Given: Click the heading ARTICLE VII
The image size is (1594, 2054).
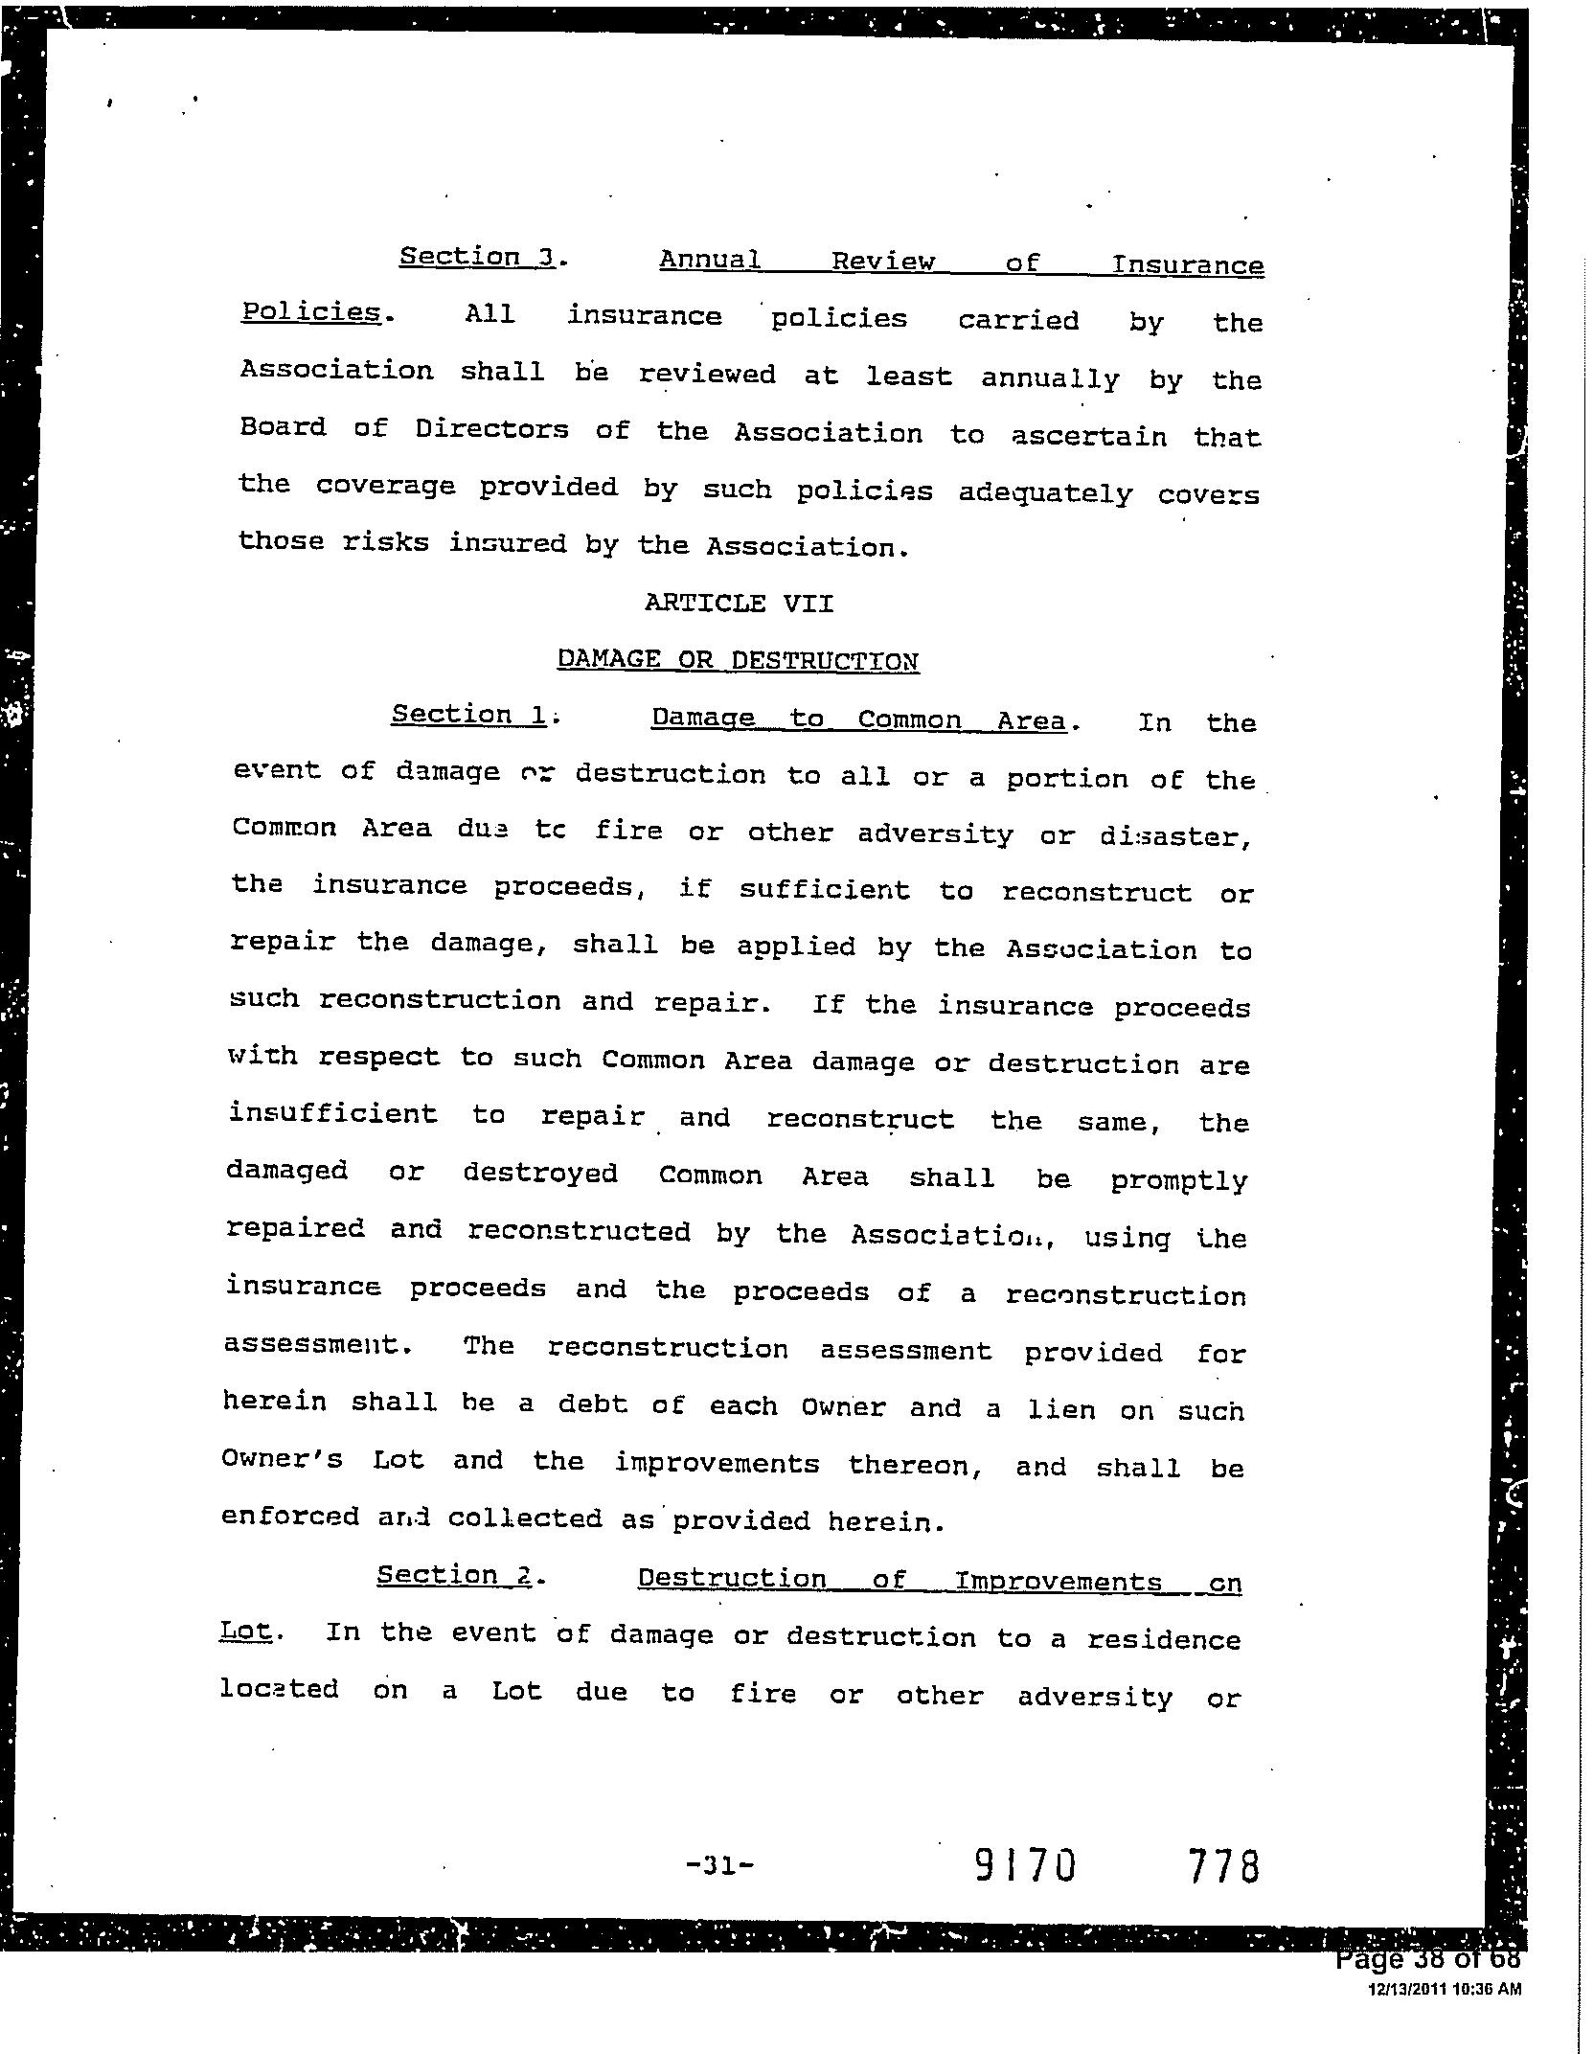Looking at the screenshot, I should click(739, 603).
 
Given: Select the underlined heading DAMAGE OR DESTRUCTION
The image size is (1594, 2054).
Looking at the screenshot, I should click(738, 659).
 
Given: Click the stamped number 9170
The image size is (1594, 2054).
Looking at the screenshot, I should click(1025, 1865).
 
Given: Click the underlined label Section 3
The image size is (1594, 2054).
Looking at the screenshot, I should click(478, 257).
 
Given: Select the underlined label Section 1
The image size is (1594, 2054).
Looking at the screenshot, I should click(469, 715).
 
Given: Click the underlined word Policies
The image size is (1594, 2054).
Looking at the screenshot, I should click(310, 312).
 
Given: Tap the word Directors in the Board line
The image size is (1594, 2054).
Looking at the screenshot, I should click(491, 429).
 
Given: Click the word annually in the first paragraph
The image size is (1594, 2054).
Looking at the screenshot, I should click(1049, 379).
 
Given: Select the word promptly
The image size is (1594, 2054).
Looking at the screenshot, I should click(1179, 1180).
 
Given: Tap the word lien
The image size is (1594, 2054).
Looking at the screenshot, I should click(1061, 1409).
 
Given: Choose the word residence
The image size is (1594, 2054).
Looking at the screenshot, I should click(1163, 1639).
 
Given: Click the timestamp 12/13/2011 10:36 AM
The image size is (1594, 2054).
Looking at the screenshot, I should click(1444, 1990).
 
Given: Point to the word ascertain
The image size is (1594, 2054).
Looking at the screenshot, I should click(1089, 437).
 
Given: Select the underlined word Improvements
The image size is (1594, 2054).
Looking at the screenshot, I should click(1059, 1581).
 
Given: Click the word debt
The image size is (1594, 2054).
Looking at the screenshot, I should click(593, 1404).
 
